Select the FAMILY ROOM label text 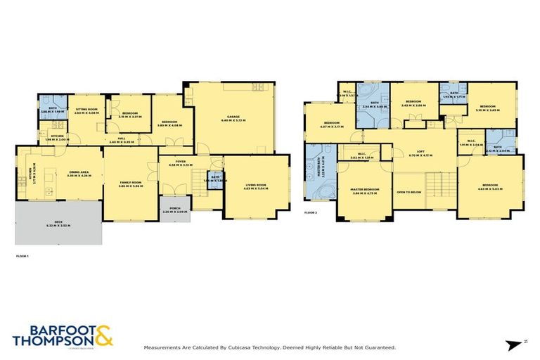[x=130, y=182]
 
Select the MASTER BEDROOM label [x=365, y=188]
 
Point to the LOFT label [x=421, y=151]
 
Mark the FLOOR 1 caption [x=22, y=256]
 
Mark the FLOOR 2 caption [x=311, y=212]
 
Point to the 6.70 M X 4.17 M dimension [x=421, y=155]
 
